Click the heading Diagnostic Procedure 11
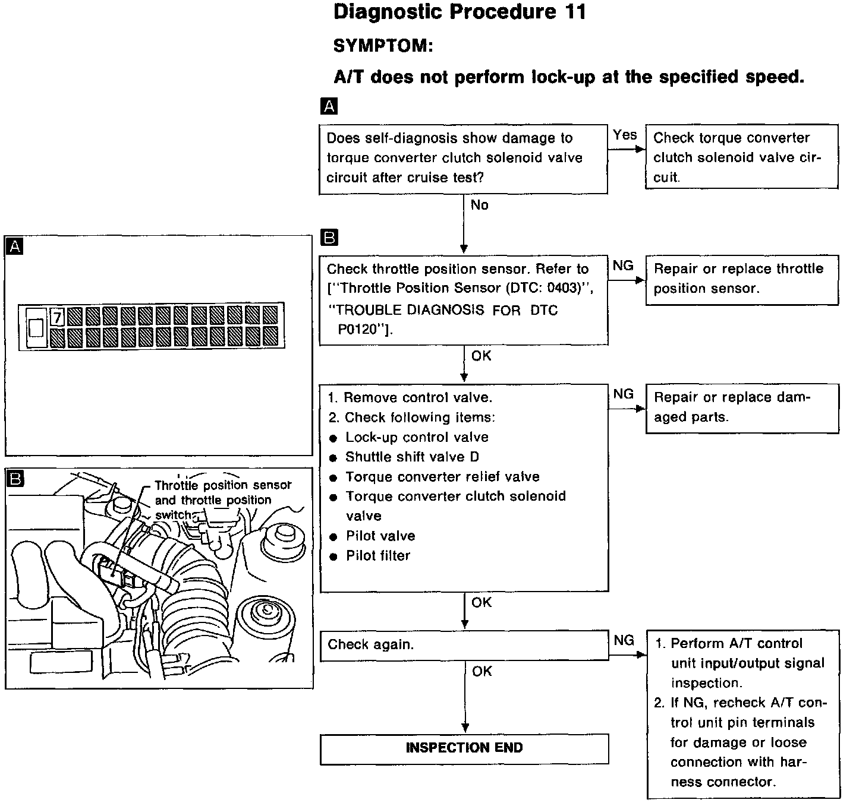pos(460,12)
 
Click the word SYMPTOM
pos(383,46)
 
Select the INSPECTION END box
pos(464,748)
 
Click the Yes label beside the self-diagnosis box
pos(625,135)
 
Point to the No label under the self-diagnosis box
pos(479,205)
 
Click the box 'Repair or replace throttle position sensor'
pos(741,279)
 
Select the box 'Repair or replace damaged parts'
pos(741,407)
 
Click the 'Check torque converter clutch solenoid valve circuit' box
pos(741,157)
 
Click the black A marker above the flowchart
pos(328,106)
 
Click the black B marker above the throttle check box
pos(328,238)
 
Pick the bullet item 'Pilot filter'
pos(378,556)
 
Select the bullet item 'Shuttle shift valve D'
pos(412,457)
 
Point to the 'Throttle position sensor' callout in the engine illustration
pos(223,485)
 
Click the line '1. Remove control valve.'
pos(410,397)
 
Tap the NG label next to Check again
pos(624,640)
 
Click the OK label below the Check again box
pos(481,671)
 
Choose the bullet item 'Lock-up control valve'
pos(417,437)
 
